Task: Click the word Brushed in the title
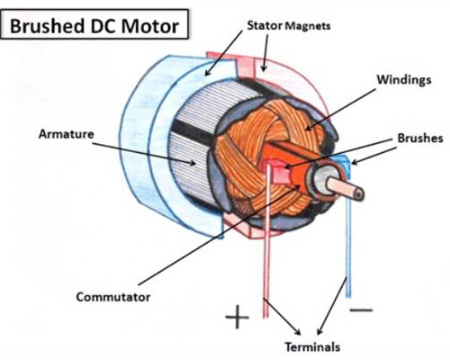(47, 26)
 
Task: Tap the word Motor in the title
(149, 26)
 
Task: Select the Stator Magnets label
(289, 26)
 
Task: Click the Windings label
(404, 79)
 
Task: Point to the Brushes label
(420, 138)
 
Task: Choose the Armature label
(67, 134)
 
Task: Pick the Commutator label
(113, 297)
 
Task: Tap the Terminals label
(312, 347)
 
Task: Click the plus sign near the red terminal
(237, 317)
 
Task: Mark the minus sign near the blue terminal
(361, 310)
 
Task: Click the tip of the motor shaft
(359, 194)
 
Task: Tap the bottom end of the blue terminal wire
(348, 297)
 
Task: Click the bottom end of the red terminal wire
(265, 317)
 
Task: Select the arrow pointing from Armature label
(144, 154)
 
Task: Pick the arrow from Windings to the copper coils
(340, 109)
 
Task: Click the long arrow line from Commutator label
(220, 235)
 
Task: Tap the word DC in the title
(103, 26)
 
